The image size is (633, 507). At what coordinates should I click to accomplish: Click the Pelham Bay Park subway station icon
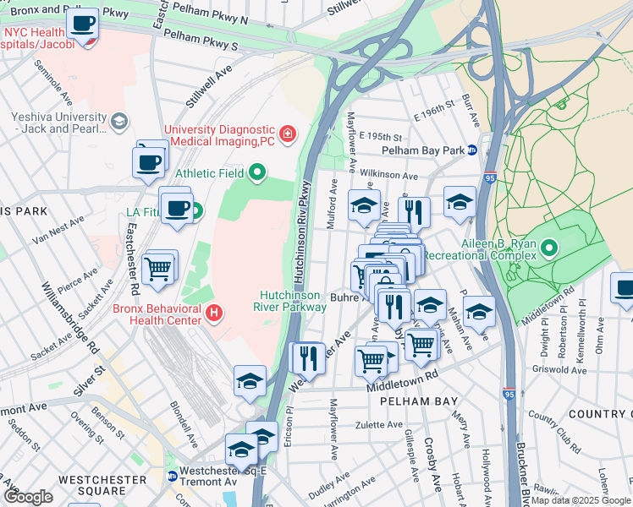tap(472, 150)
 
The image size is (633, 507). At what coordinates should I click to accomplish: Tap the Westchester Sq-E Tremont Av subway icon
tap(173, 476)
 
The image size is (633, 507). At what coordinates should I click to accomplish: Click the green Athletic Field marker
tap(258, 174)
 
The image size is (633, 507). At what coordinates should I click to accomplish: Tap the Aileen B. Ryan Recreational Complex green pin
tap(549, 248)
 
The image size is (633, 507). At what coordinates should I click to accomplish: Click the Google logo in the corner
tap(28, 497)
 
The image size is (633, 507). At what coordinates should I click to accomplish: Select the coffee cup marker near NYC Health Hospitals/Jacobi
tap(83, 25)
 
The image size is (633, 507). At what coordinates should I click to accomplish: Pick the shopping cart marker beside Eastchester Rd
tap(159, 268)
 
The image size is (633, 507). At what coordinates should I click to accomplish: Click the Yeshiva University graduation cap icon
tap(119, 123)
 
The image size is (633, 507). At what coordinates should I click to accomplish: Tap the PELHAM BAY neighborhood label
tap(418, 401)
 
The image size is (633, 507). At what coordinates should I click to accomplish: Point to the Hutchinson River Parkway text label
tap(293, 301)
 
